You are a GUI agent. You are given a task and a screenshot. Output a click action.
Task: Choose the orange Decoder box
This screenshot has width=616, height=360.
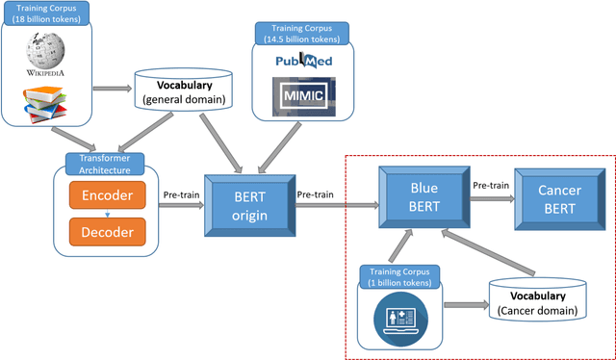pos(106,231)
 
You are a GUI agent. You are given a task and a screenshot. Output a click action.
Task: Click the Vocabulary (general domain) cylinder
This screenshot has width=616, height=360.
pos(182,90)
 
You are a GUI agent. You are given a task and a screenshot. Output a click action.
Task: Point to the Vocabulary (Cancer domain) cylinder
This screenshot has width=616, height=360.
pos(537,303)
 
